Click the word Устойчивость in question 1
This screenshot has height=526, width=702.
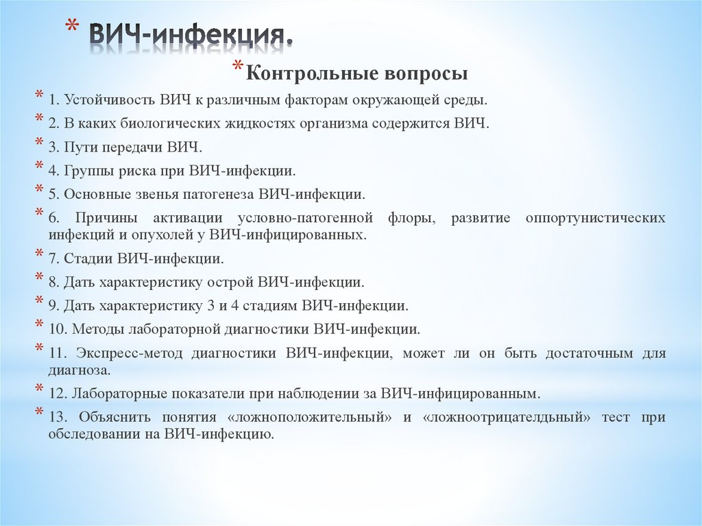coord(110,100)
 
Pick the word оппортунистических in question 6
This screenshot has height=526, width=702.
coord(595,218)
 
